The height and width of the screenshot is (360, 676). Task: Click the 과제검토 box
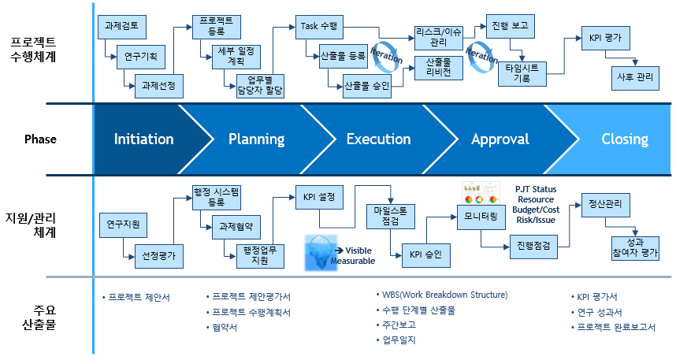122,27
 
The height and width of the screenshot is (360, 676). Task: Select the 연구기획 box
141,57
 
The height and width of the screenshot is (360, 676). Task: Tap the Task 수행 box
319,27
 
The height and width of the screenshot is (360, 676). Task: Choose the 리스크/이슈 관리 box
438,38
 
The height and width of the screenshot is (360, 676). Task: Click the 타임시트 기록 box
522,74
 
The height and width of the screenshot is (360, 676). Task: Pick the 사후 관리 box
635,78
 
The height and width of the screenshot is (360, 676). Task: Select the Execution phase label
378,139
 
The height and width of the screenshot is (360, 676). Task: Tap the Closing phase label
625,139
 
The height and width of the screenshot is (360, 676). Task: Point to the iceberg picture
321,253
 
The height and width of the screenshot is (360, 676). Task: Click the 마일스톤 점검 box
391,217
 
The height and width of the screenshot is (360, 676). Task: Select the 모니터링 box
481,217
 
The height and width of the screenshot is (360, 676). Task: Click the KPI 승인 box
426,256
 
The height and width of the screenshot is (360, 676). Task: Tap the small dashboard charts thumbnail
481,193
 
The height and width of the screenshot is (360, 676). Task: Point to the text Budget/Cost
536,210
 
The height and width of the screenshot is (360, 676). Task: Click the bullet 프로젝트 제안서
136,298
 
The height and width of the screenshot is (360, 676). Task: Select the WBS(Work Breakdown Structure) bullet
442,295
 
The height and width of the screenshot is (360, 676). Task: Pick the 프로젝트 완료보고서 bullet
613,327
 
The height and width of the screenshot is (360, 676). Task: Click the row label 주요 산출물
40,317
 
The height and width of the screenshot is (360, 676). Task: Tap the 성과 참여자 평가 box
635,248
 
